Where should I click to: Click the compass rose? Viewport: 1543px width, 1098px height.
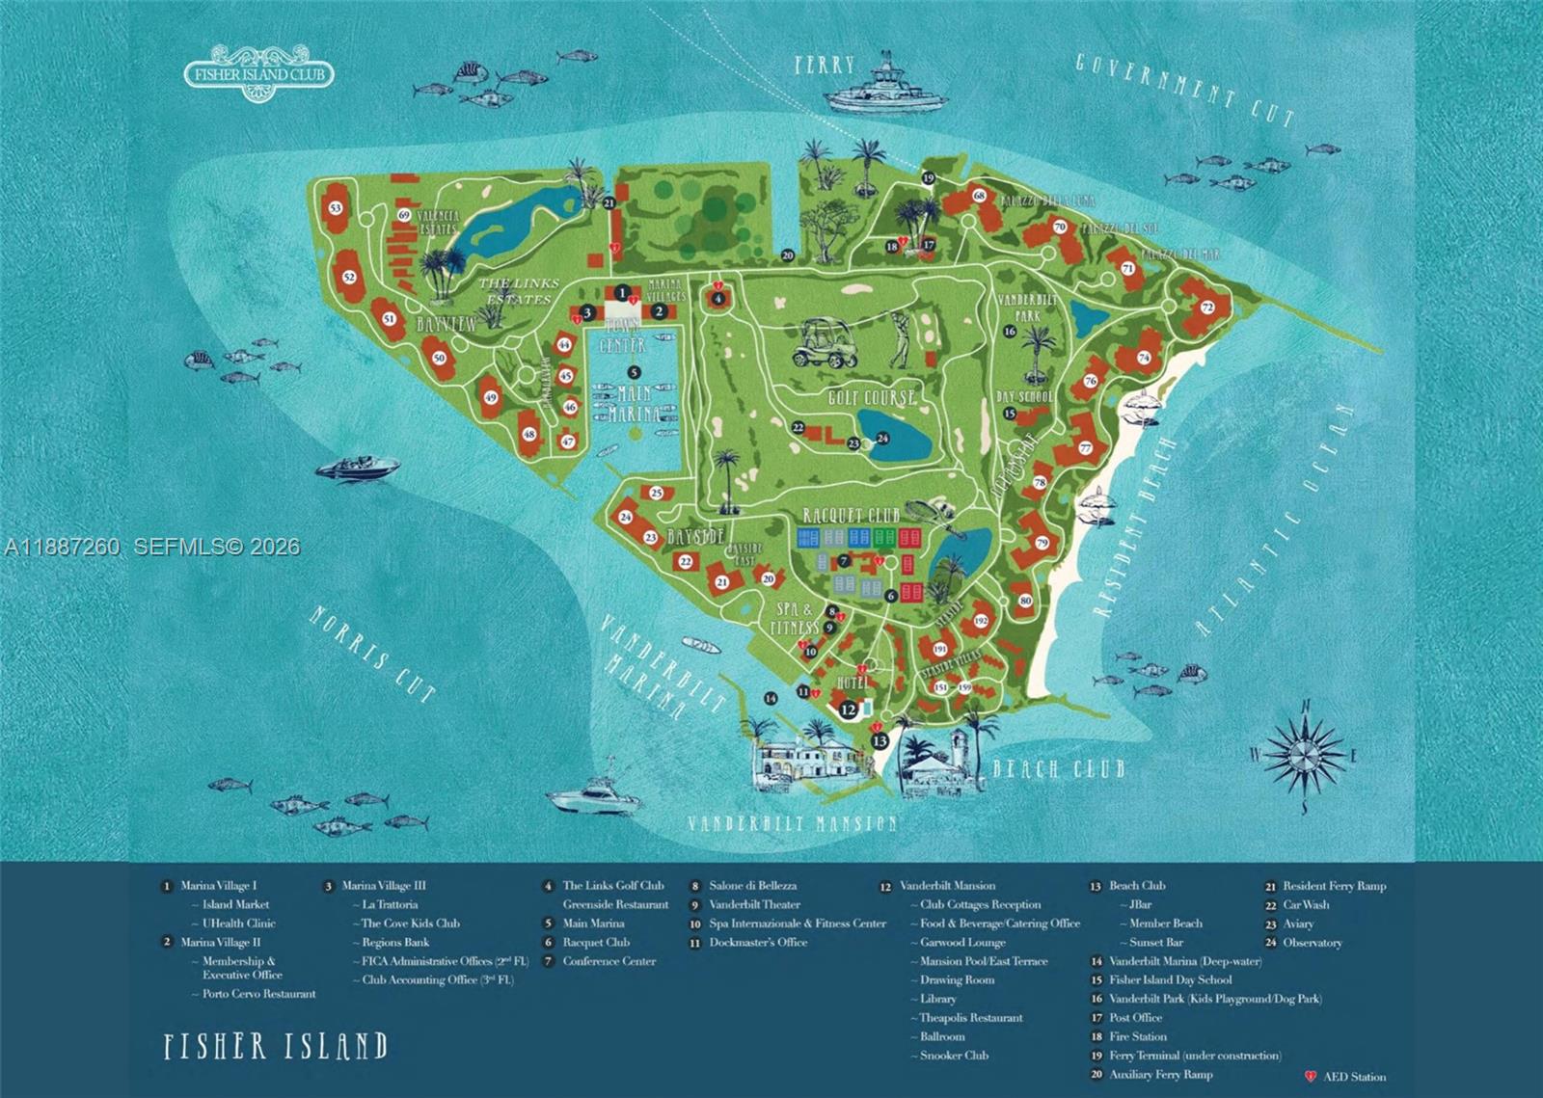[1305, 754]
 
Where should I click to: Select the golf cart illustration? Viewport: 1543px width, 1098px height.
[826, 343]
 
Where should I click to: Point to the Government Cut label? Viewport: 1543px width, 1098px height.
[1184, 90]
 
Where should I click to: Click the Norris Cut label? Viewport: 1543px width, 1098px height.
[372, 654]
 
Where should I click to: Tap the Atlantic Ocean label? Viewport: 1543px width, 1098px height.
[1275, 522]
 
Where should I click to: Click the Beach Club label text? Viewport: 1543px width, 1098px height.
[1059, 768]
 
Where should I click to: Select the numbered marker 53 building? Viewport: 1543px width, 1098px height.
[336, 209]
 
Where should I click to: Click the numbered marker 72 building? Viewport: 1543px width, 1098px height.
[1206, 308]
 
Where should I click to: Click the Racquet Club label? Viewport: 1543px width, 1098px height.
[851, 516]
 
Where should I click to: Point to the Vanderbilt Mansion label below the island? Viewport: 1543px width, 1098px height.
[792, 823]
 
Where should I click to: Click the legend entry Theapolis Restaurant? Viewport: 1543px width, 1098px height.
[970, 1018]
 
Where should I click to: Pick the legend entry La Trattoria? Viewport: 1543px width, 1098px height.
[390, 904]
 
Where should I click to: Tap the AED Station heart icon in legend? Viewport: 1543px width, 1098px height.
[1311, 1076]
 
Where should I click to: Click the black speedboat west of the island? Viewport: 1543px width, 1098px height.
[358, 468]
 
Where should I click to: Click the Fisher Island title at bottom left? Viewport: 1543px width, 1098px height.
[276, 1046]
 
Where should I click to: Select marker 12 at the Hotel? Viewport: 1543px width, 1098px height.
[848, 710]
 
